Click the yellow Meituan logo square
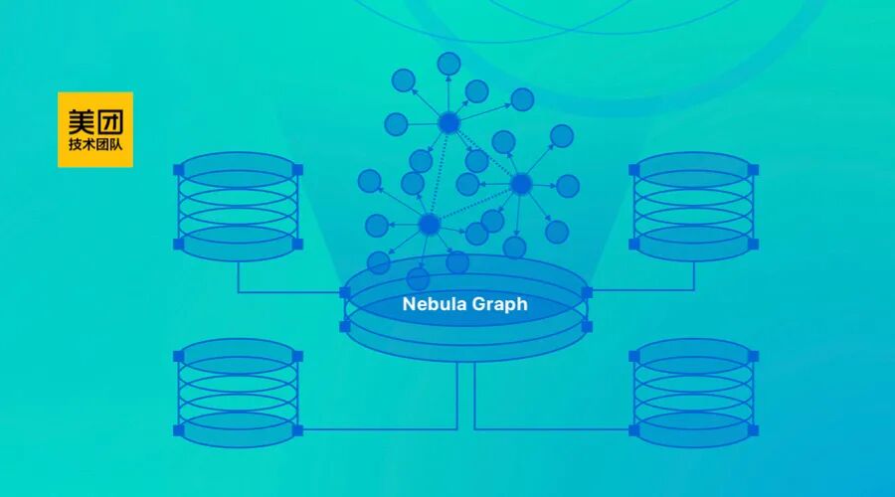(x=95, y=129)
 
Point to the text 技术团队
(x=94, y=145)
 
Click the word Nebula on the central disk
(x=436, y=305)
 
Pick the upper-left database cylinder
(x=238, y=206)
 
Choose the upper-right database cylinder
(x=693, y=206)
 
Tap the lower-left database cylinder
(x=238, y=393)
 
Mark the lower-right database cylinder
(x=693, y=393)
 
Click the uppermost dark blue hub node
(x=448, y=123)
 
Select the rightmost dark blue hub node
(x=521, y=184)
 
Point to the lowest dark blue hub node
(x=429, y=225)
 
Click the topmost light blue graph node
(x=449, y=63)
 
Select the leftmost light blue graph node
(x=369, y=181)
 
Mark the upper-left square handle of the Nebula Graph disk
(x=345, y=292)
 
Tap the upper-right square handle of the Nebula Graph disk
(x=587, y=292)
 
